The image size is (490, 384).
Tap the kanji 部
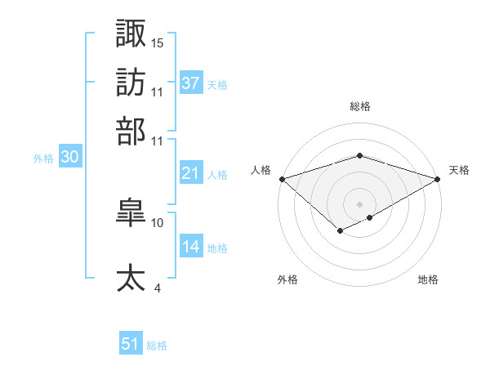click(x=131, y=131)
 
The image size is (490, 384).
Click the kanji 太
click(x=131, y=277)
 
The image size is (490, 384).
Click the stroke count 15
click(x=158, y=42)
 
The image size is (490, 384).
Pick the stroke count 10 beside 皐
click(x=158, y=222)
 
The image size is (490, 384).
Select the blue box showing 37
click(x=190, y=83)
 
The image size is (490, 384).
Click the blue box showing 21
click(x=190, y=173)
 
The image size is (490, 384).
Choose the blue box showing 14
click(x=190, y=247)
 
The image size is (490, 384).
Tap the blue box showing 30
click(x=69, y=158)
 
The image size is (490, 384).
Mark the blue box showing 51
click(x=131, y=344)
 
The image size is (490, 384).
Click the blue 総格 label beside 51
click(x=157, y=346)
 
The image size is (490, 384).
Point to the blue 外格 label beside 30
click(x=43, y=159)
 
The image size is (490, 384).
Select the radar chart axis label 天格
click(x=459, y=170)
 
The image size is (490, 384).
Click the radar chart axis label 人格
click(x=261, y=170)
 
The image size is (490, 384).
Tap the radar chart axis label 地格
click(x=428, y=279)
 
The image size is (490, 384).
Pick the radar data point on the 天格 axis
click(x=438, y=178)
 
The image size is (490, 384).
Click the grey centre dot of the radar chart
click(x=359, y=203)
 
